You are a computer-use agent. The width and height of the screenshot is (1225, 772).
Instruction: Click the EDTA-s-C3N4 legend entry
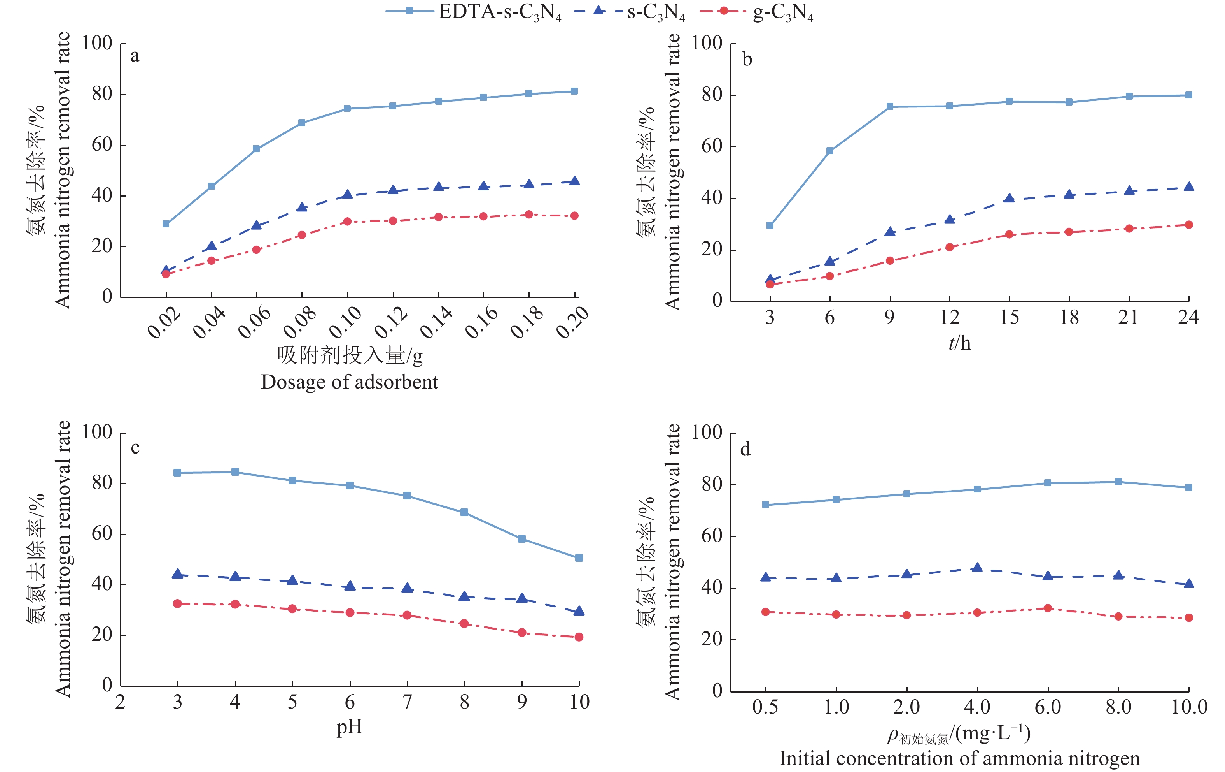point(473,12)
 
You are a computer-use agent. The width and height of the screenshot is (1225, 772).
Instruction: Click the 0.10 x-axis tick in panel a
point(346,322)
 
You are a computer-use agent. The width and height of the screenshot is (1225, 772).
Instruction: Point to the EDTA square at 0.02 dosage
point(166,224)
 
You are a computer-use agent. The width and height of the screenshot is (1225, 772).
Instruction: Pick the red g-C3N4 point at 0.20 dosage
point(574,216)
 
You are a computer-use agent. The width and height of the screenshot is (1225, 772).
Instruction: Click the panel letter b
point(747,60)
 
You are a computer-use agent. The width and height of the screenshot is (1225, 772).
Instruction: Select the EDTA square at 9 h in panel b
point(890,106)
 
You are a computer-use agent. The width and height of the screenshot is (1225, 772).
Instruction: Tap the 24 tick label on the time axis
point(1188,317)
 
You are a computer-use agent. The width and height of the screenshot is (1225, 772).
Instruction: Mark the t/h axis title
point(959,343)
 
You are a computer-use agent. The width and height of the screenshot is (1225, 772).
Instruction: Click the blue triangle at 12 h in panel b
point(949,220)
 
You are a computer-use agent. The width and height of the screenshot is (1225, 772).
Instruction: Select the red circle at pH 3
point(178,603)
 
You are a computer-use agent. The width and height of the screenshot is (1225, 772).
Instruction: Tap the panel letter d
point(745,449)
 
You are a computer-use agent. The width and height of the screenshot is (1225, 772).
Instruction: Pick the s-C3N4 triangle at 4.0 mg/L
point(977,567)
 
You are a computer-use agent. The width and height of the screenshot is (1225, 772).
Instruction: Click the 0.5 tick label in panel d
point(765,707)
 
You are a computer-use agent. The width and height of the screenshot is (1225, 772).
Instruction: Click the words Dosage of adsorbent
point(350,382)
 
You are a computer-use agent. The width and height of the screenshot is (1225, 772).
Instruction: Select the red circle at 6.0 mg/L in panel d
point(1047,608)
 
